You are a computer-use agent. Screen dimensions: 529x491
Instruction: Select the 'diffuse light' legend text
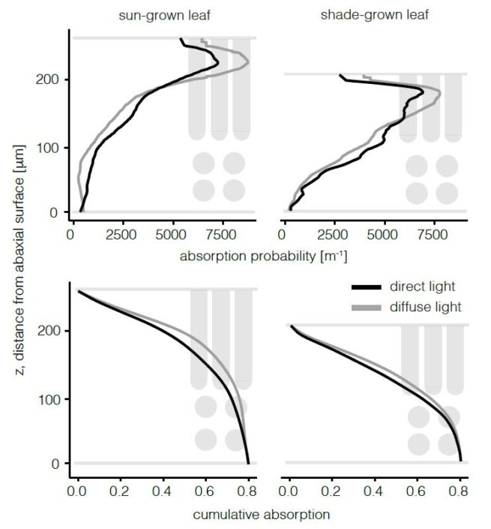[x=425, y=307]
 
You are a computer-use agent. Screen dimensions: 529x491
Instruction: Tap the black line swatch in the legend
[x=367, y=287]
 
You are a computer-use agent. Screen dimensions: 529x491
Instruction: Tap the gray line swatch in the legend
[x=367, y=308]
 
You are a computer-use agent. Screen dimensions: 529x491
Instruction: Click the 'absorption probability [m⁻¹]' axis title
[x=263, y=257]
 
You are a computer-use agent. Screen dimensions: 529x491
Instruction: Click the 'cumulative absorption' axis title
[x=261, y=515]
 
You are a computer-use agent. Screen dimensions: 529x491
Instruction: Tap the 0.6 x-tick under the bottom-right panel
[x=418, y=491]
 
